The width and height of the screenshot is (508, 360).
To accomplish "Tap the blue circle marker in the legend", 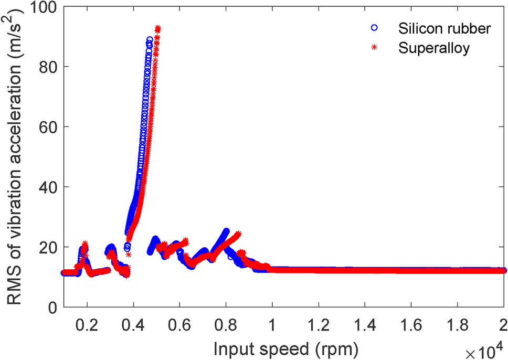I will [x=374, y=29].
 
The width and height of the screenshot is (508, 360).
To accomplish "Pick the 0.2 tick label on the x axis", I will [x=87, y=322].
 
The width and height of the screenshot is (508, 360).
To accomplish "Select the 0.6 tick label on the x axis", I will [x=179, y=322].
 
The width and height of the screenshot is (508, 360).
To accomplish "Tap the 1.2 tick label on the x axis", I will [x=318, y=322].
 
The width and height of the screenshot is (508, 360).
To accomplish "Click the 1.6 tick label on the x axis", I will [x=410, y=322].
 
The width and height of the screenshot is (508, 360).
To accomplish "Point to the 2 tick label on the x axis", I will [x=503, y=322].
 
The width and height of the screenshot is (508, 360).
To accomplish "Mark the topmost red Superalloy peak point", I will [x=157, y=28].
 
